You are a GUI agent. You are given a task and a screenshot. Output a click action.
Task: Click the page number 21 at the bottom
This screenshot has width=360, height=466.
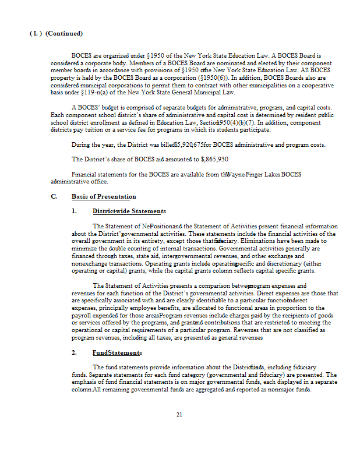[179, 414]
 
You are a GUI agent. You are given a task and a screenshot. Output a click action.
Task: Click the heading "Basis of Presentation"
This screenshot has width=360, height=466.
[104, 196]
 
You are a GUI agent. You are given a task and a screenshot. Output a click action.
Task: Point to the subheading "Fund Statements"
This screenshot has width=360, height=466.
[117, 352]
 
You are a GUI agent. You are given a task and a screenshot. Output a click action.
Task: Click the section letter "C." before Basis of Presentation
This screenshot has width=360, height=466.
[54, 196]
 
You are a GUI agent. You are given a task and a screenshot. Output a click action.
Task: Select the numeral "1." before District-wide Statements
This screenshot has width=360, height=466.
[75, 211]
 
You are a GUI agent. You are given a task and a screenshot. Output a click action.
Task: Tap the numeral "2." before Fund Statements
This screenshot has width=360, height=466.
[75, 352]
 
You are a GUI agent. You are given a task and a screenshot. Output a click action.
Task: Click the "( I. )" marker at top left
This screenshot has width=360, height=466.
[35, 34]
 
